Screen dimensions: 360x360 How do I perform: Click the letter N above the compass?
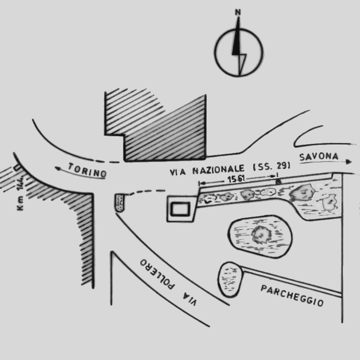tap(238, 12)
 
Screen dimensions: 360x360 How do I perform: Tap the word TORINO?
tap(87, 170)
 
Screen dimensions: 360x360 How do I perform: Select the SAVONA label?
tap(319, 157)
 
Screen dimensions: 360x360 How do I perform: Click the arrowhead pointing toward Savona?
tap(349, 162)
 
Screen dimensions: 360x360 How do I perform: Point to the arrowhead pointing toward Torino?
tap(58, 169)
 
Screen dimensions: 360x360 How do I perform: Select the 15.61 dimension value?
tap(236, 179)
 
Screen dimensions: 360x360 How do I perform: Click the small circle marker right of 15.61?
tap(278, 182)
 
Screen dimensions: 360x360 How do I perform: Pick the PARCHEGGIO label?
tap(292, 296)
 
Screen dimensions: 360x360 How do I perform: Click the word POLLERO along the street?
tap(157, 274)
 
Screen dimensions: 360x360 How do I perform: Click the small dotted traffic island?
tap(120, 203)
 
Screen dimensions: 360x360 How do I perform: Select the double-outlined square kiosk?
tap(181, 209)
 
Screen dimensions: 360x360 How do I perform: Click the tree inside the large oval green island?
tap(261, 234)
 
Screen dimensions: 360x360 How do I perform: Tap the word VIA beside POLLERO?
tap(190, 299)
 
